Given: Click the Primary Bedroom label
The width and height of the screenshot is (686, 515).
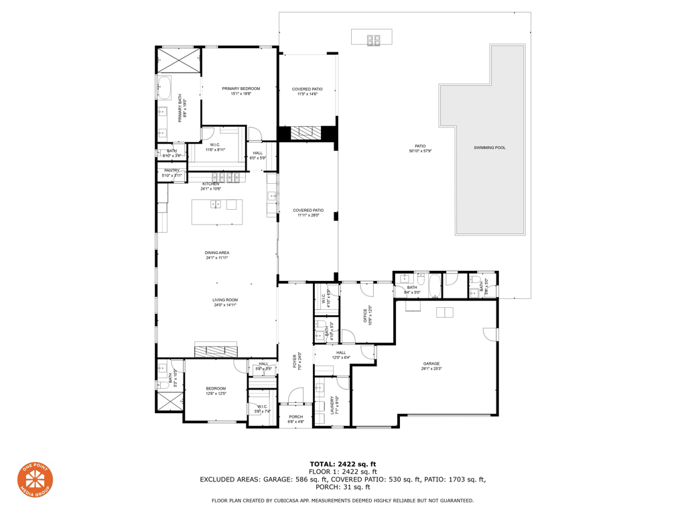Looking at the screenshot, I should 241,89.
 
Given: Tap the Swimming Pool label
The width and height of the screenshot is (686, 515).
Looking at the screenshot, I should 489,148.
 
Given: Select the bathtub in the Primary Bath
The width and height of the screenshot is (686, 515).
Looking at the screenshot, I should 164,88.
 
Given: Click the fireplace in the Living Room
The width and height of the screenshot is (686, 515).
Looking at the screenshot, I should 216,350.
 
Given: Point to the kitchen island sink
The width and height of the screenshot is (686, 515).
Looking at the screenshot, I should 216,205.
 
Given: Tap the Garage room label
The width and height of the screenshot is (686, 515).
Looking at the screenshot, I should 431,363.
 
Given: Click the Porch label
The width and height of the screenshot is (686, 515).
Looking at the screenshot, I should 295,417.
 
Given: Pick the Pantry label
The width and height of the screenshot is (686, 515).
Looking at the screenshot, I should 171,171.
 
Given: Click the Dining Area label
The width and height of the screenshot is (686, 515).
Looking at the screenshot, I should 217,253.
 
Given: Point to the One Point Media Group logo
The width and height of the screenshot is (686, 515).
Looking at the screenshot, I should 35,479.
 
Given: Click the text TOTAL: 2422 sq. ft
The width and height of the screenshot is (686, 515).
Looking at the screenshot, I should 342,464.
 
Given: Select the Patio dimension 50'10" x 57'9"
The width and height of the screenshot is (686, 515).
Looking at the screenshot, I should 420,151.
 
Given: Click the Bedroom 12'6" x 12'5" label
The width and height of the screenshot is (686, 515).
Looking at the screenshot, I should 216,389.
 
